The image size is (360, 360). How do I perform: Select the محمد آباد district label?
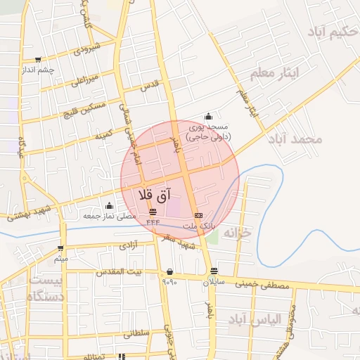click(295, 139)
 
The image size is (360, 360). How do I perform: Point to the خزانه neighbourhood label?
click(236, 231)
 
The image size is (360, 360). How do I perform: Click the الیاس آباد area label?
click(257, 319)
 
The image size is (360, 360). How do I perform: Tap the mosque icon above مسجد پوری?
click(207, 117)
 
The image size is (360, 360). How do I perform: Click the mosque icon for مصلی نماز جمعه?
click(109, 206)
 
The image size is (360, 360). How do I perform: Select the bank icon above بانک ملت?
click(198, 214)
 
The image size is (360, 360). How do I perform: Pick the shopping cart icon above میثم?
click(61, 248)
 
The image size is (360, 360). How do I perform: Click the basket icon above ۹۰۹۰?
click(169, 271)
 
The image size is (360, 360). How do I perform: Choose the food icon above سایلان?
click(212, 271)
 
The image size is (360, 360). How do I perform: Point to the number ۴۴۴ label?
click(153, 222)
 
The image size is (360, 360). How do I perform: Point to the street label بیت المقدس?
click(124, 271)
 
